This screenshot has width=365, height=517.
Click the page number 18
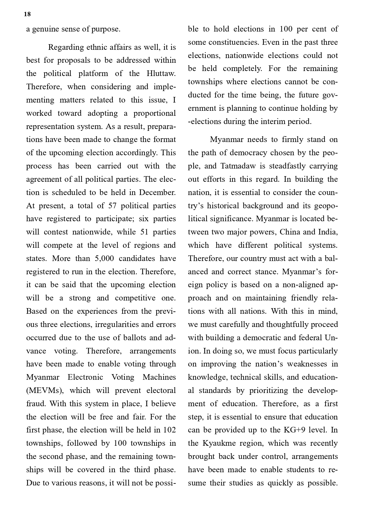[27, 14]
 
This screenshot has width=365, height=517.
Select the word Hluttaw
[161, 73]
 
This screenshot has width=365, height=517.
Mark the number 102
[169, 430]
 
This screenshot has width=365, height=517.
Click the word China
[289, 232]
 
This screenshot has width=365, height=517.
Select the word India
[328, 232]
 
